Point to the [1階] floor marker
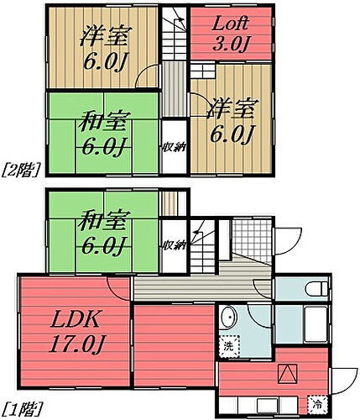[x=18, y=411]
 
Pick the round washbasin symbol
[x=229, y=319]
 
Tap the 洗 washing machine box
[x=229, y=344]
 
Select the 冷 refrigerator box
[x=317, y=402]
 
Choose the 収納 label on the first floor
[x=174, y=245]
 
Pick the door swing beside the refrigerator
[x=342, y=383]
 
